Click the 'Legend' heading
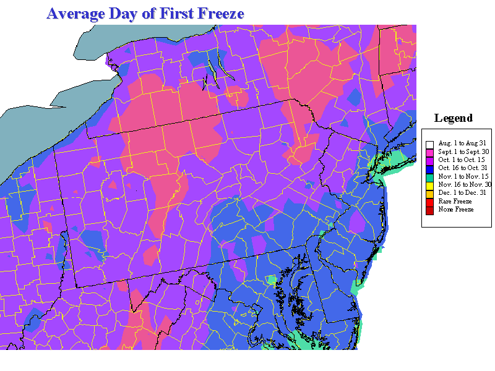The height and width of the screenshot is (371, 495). tap(453, 118)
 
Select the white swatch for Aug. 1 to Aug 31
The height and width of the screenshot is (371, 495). tap(429, 143)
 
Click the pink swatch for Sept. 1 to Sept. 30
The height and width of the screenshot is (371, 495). tap(429, 151)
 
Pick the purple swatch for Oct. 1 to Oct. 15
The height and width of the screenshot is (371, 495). tap(429, 160)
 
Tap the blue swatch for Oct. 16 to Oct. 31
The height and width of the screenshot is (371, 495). tap(429, 168)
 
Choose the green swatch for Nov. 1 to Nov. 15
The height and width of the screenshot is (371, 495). tap(429, 176)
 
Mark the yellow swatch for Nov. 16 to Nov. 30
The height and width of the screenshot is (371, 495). tap(429, 184)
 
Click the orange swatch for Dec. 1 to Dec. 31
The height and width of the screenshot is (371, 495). tap(429, 193)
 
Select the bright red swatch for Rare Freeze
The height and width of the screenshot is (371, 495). tap(429, 201)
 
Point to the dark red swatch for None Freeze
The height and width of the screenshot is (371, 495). tap(429, 210)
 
